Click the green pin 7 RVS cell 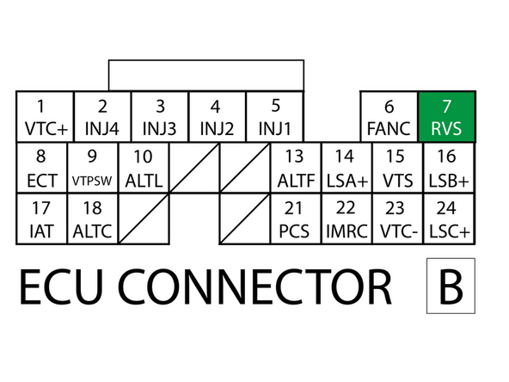pyautogui.click(x=446, y=117)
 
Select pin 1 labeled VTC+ pyautogui.click(x=45, y=117)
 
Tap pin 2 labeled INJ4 pyautogui.click(x=102, y=117)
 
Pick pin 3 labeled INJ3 pyautogui.click(x=159, y=117)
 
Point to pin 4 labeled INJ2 pyautogui.click(x=216, y=117)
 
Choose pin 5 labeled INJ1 pyautogui.click(x=274, y=117)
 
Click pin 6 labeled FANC pyautogui.click(x=389, y=117)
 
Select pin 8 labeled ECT pyautogui.click(x=40, y=169)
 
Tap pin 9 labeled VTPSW pyautogui.click(x=92, y=169)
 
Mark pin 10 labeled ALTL pyautogui.click(x=144, y=169)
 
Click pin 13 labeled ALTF pyautogui.click(x=295, y=169)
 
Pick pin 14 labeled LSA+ pyautogui.click(x=346, y=169)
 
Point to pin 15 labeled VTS pyautogui.click(x=396, y=169)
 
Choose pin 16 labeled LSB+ pyautogui.click(x=447, y=169)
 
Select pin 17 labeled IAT pyautogui.click(x=40, y=219)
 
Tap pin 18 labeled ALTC pyautogui.click(x=92, y=219)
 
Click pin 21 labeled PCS pyautogui.click(x=295, y=219)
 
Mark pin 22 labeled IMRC pyautogui.click(x=346, y=219)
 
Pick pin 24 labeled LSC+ pyautogui.click(x=447, y=219)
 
